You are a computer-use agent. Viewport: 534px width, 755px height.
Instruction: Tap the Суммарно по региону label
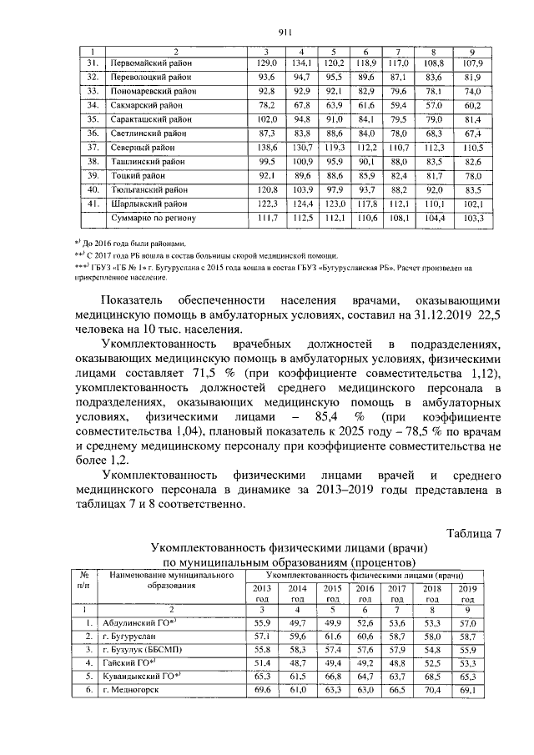pos(153,218)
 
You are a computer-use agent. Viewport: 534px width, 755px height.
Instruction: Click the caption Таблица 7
pos(475,534)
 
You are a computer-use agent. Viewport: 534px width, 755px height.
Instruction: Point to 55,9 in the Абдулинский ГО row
pos(262,622)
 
